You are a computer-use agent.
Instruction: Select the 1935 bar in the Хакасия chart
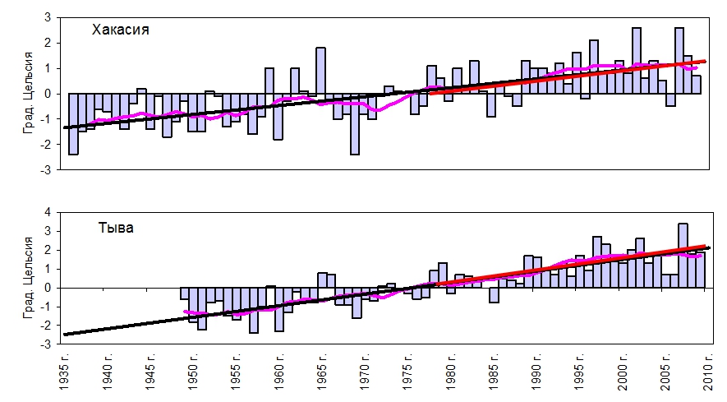click(73, 123)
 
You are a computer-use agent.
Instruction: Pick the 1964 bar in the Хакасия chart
click(320, 71)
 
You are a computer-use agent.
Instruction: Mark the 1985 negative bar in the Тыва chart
click(494, 295)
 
